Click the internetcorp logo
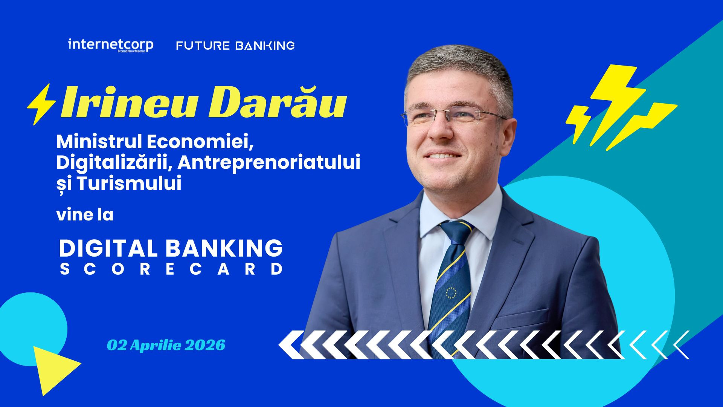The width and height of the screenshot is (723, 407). (x=110, y=45)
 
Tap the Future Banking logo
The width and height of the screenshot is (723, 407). (x=235, y=46)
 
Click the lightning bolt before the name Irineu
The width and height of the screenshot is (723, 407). (x=41, y=104)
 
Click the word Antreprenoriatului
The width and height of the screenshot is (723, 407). (x=269, y=162)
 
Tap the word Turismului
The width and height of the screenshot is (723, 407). (x=130, y=184)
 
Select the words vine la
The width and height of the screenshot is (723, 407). (x=85, y=215)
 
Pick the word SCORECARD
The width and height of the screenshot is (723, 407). (x=171, y=269)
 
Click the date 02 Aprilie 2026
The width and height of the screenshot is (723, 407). (x=166, y=345)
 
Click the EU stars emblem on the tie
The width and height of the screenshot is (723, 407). (x=451, y=292)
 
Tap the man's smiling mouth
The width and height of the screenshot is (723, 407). (x=442, y=155)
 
